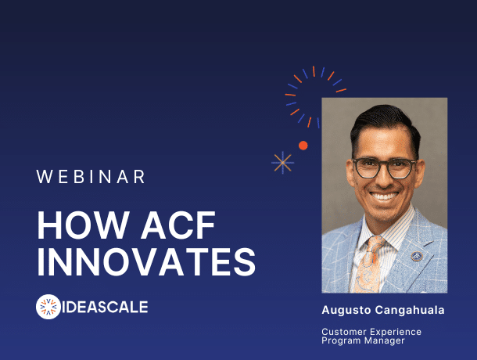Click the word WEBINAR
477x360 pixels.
(x=91, y=177)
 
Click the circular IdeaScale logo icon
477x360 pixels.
(x=49, y=307)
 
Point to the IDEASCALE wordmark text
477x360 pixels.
(x=106, y=307)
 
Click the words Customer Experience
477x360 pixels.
(x=371, y=332)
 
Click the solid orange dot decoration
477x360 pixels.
(x=303, y=146)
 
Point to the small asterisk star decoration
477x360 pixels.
(x=282, y=162)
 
